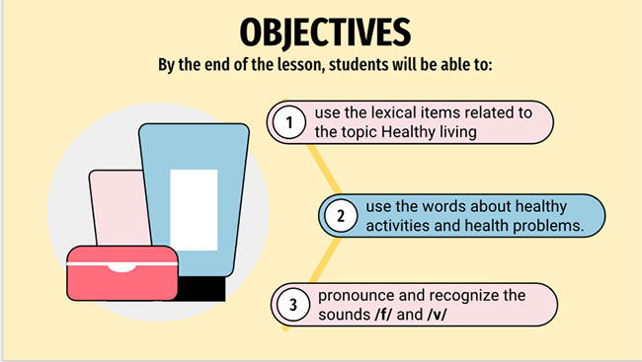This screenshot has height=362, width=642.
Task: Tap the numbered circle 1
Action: (288, 123)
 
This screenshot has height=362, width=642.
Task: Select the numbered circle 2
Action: (339, 216)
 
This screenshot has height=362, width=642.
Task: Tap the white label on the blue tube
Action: (194, 208)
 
